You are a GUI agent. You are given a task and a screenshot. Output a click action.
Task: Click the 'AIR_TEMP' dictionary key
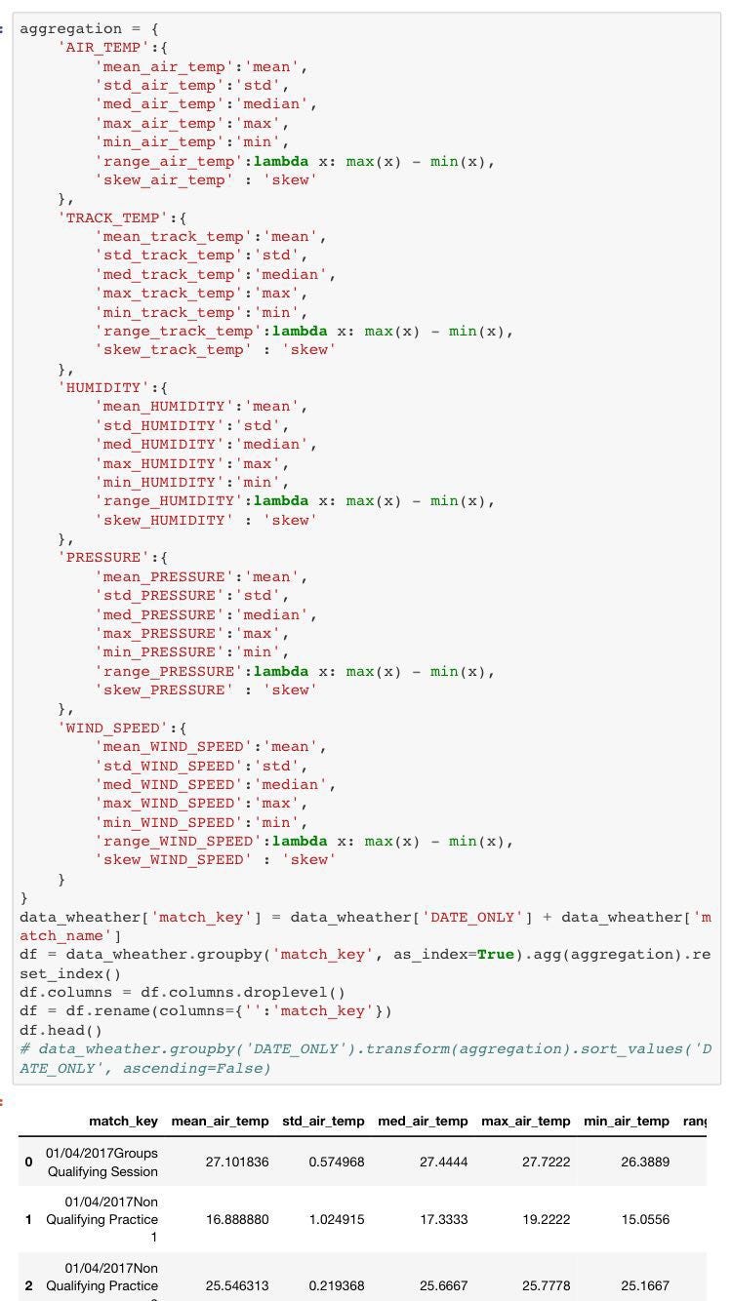[x=99, y=48]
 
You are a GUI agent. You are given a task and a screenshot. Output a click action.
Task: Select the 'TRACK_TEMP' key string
[x=108, y=217]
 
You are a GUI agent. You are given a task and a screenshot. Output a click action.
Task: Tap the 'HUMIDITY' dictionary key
[x=99, y=387]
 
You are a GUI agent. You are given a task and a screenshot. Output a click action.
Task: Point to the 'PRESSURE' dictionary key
[x=99, y=558]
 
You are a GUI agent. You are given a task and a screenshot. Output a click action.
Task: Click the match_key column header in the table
[x=123, y=1122]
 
